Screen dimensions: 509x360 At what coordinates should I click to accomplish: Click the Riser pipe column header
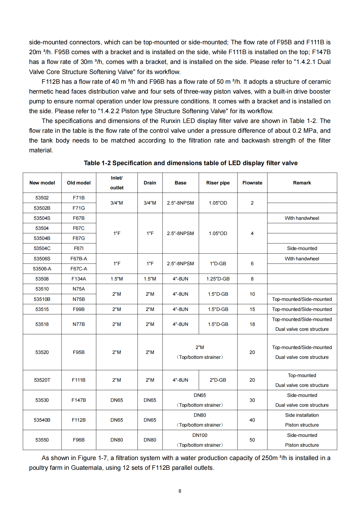218,183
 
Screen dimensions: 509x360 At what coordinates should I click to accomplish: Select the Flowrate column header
252,183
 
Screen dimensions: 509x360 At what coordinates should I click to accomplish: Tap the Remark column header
302,183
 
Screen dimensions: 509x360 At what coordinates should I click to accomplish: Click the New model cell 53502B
42,208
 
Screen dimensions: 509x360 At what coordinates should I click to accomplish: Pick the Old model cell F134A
79,279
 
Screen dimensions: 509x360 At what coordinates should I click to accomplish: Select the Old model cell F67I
79,248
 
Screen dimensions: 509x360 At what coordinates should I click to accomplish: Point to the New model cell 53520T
42,380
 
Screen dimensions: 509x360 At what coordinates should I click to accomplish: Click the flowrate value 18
252,324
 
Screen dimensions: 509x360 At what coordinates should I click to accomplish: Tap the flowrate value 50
252,440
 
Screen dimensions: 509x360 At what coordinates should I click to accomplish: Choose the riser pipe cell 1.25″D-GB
218,279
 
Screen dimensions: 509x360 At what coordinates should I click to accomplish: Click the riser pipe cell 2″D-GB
218,380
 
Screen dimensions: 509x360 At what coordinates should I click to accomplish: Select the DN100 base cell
200,435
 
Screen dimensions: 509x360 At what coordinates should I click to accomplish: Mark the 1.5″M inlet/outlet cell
116,279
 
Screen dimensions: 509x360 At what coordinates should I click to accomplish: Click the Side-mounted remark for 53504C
302,248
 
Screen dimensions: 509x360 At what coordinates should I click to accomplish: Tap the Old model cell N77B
79,324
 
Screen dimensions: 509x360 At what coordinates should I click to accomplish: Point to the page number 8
180,491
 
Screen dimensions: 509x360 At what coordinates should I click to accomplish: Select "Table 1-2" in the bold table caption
97,163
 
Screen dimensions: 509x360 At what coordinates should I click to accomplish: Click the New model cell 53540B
42,420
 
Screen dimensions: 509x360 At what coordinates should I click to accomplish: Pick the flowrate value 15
252,309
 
